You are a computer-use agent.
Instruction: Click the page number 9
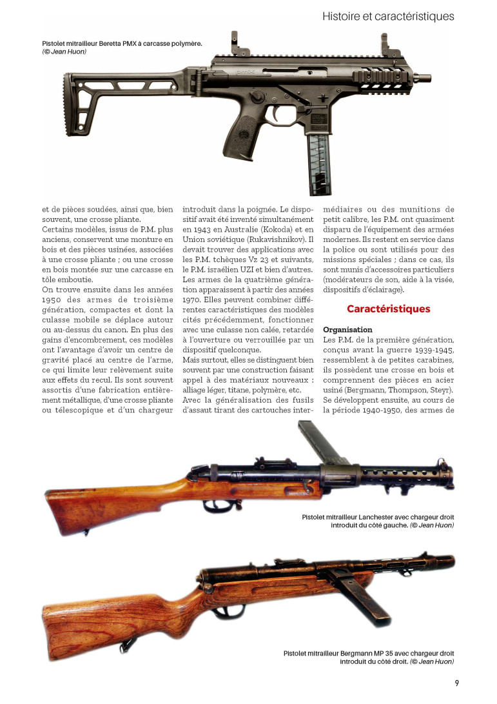(x=456, y=683)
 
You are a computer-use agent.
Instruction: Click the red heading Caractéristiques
(x=388, y=309)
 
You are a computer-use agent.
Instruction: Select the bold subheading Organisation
(x=347, y=330)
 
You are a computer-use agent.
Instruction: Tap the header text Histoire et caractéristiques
(x=388, y=15)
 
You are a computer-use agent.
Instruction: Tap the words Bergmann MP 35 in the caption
(x=367, y=653)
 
